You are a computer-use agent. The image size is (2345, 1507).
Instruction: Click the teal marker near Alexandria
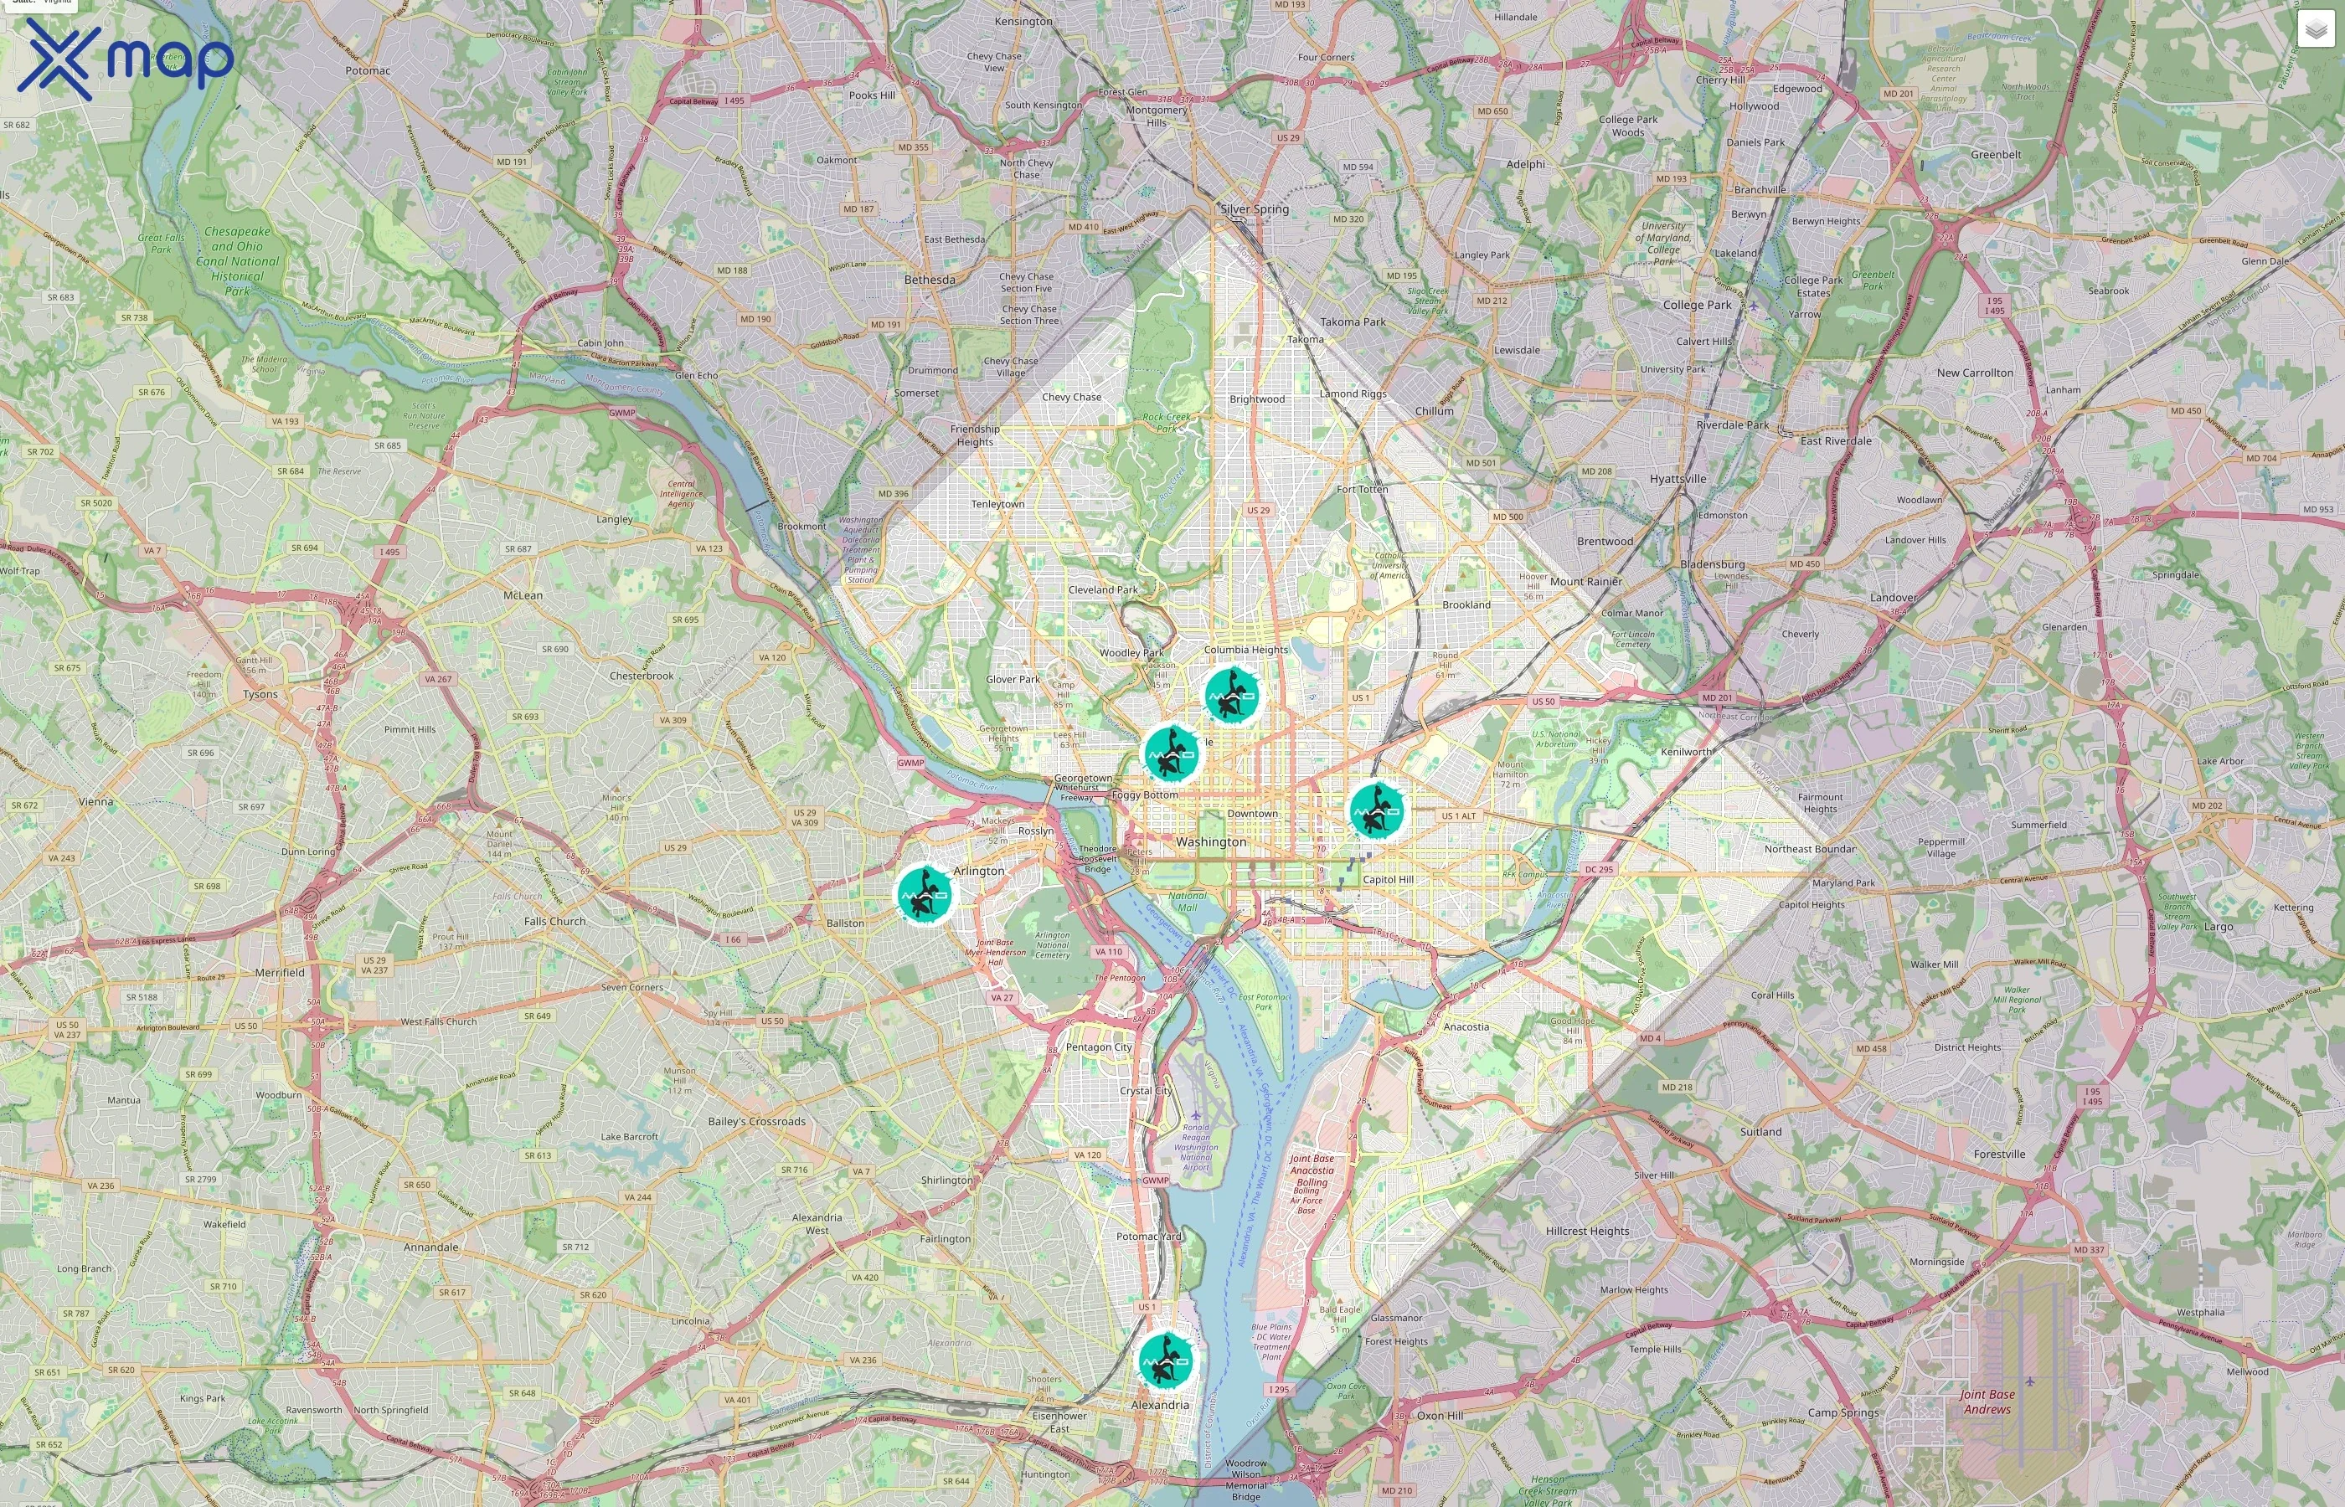point(1166,1360)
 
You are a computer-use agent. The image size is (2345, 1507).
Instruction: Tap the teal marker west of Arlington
point(925,894)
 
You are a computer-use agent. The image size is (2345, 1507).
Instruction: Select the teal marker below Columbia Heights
point(1232,696)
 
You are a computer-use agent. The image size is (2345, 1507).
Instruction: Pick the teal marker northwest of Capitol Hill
point(1377,810)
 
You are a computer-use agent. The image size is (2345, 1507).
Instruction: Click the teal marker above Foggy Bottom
point(1172,753)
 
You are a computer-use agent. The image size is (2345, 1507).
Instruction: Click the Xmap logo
point(126,59)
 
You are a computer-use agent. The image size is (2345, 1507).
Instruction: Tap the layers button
point(2316,30)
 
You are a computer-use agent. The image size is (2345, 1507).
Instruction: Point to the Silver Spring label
point(1255,209)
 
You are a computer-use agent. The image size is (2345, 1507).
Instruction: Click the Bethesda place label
point(930,280)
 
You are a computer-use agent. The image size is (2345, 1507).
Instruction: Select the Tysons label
point(260,695)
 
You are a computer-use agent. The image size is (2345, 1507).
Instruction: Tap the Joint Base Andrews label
point(1987,1402)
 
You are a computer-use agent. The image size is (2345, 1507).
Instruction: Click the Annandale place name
point(431,1247)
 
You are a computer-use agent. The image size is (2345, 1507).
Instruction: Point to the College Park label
point(1697,306)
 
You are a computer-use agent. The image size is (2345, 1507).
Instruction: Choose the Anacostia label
point(1466,1026)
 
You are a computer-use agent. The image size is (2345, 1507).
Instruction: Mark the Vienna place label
point(96,801)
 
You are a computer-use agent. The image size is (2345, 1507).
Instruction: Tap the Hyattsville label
point(1678,480)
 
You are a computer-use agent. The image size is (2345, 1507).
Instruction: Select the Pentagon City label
point(1099,1047)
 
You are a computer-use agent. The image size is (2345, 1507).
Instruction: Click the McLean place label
point(523,595)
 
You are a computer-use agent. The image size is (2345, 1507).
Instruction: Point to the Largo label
point(2219,927)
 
